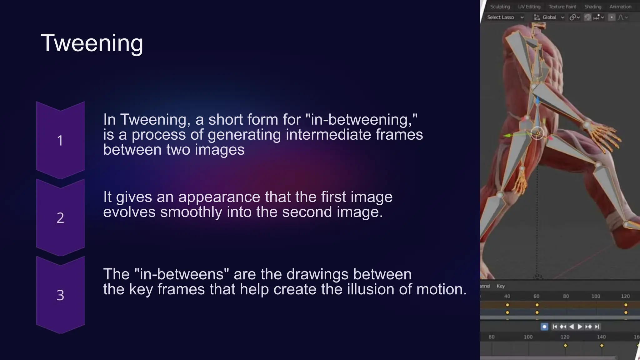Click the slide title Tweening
coord(92,43)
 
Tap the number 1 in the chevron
coord(60,141)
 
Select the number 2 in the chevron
coord(60,218)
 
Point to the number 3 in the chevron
coord(60,295)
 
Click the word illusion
coord(370,289)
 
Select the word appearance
coord(219,197)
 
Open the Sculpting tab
coord(500,7)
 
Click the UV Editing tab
coord(529,7)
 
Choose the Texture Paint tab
coord(562,7)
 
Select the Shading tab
coord(593,7)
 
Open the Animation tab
coord(620,7)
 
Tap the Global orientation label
coord(549,17)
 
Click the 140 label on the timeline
coord(601,337)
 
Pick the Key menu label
coord(501,286)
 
